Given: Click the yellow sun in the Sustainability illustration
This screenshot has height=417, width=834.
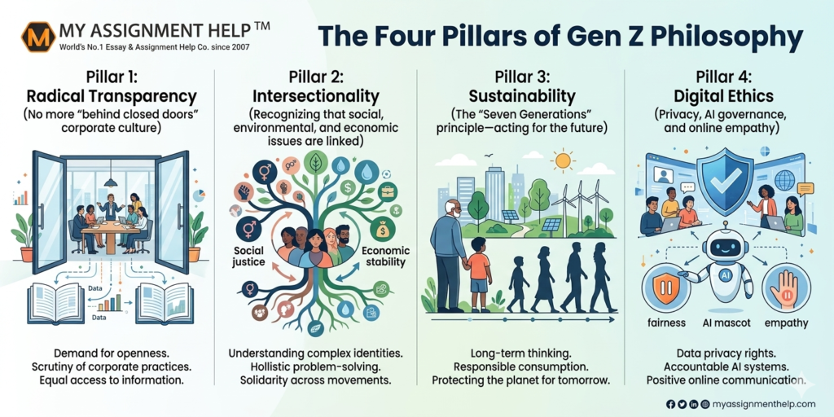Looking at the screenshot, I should coord(563,160).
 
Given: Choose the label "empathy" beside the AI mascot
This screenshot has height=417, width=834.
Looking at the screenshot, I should coord(786,323).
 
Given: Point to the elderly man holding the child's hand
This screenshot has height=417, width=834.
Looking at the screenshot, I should coord(447,248).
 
